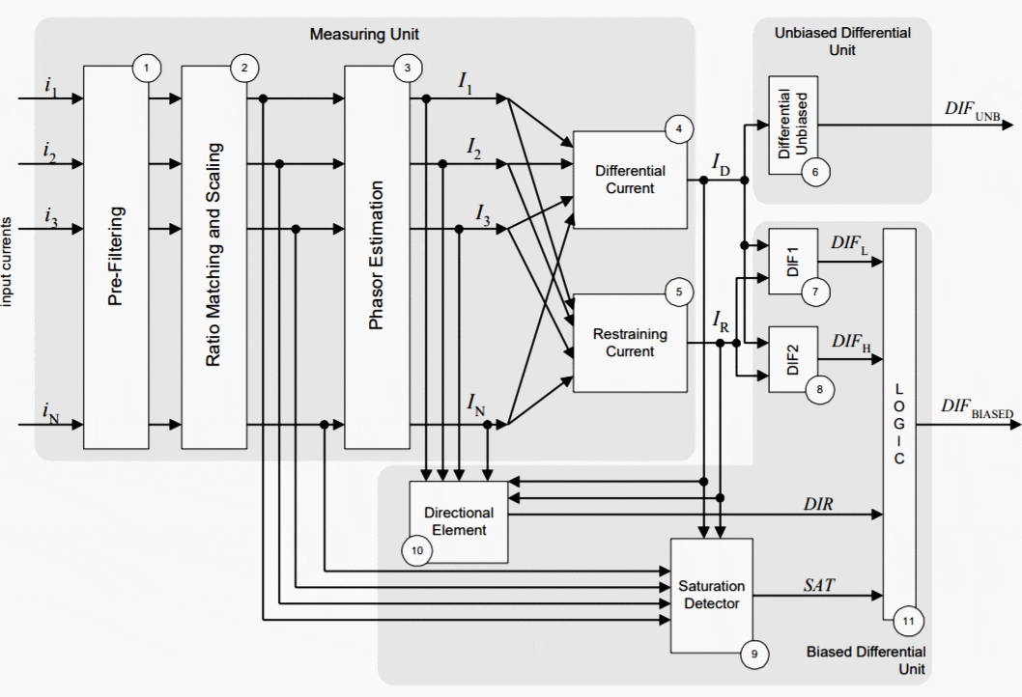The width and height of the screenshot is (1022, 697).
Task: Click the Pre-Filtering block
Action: pyautogui.click(x=116, y=256)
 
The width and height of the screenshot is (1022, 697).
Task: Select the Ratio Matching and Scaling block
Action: pyautogui.click(x=213, y=256)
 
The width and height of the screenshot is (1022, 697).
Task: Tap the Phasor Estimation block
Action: pyautogui.click(x=377, y=256)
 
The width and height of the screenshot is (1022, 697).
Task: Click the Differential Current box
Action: pyautogui.click(x=630, y=180)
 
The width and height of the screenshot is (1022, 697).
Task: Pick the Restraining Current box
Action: pyautogui.click(x=630, y=343)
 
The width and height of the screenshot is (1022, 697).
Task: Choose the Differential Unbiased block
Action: pyautogui.click(x=792, y=125)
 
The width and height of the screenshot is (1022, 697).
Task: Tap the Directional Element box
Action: pyautogui.click(x=460, y=521)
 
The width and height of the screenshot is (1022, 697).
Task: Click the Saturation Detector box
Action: pyautogui.click(x=711, y=595)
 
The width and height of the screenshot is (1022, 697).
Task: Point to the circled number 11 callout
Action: pyautogui.click(x=907, y=620)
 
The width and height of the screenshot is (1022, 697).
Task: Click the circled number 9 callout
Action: pyautogui.click(x=754, y=654)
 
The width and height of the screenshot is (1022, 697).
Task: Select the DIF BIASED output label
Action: pyautogui.click(x=977, y=409)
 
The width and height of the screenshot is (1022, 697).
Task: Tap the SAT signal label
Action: pyautogui.click(x=819, y=584)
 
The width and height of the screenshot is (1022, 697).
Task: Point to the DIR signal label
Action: pyautogui.click(x=819, y=504)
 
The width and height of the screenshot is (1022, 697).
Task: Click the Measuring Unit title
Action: pyautogui.click(x=364, y=35)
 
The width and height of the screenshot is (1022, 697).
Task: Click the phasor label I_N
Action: pyautogui.click(x=476, y=403)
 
